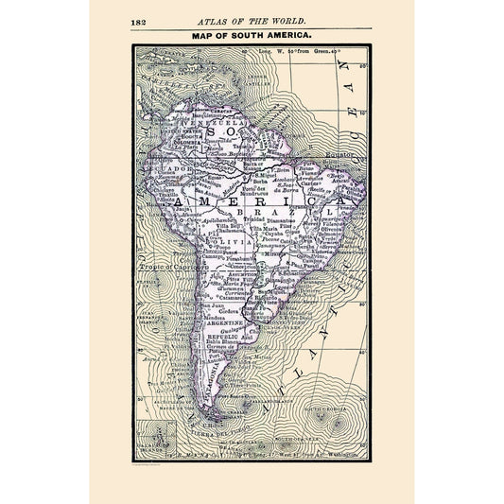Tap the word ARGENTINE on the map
tap(229, 323)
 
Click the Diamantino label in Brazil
tap(278, 219)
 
